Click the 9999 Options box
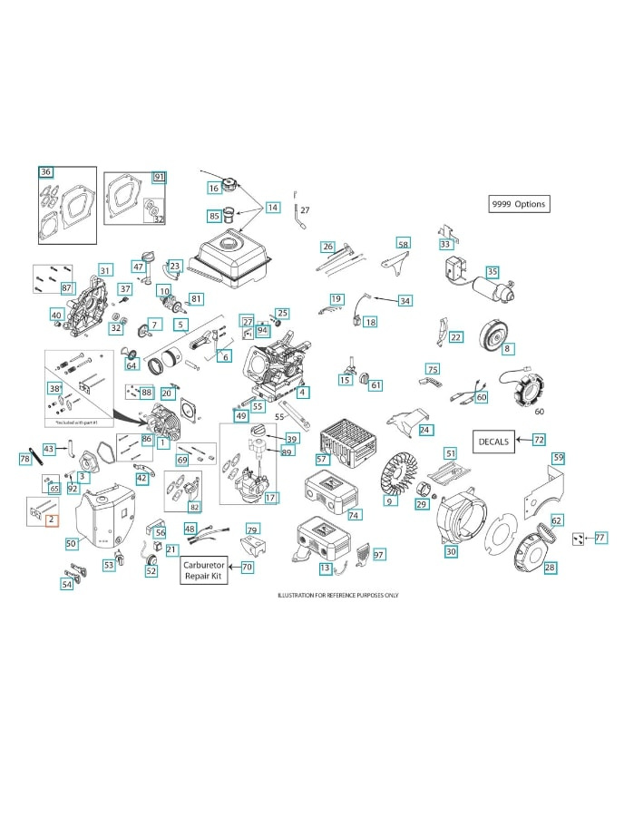pos(519,204)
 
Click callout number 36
pos(45,171)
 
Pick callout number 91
pos(159,177)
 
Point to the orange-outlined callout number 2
pos(51,520)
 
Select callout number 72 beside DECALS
pos(539,440)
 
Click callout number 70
pos(247,566)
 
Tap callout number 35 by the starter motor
pos(492,271)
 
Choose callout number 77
pos(600,538)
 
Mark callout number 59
pos(558,457)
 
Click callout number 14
pos(272,208)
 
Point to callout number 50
pos(71,543)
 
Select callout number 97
pos(379,554)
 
